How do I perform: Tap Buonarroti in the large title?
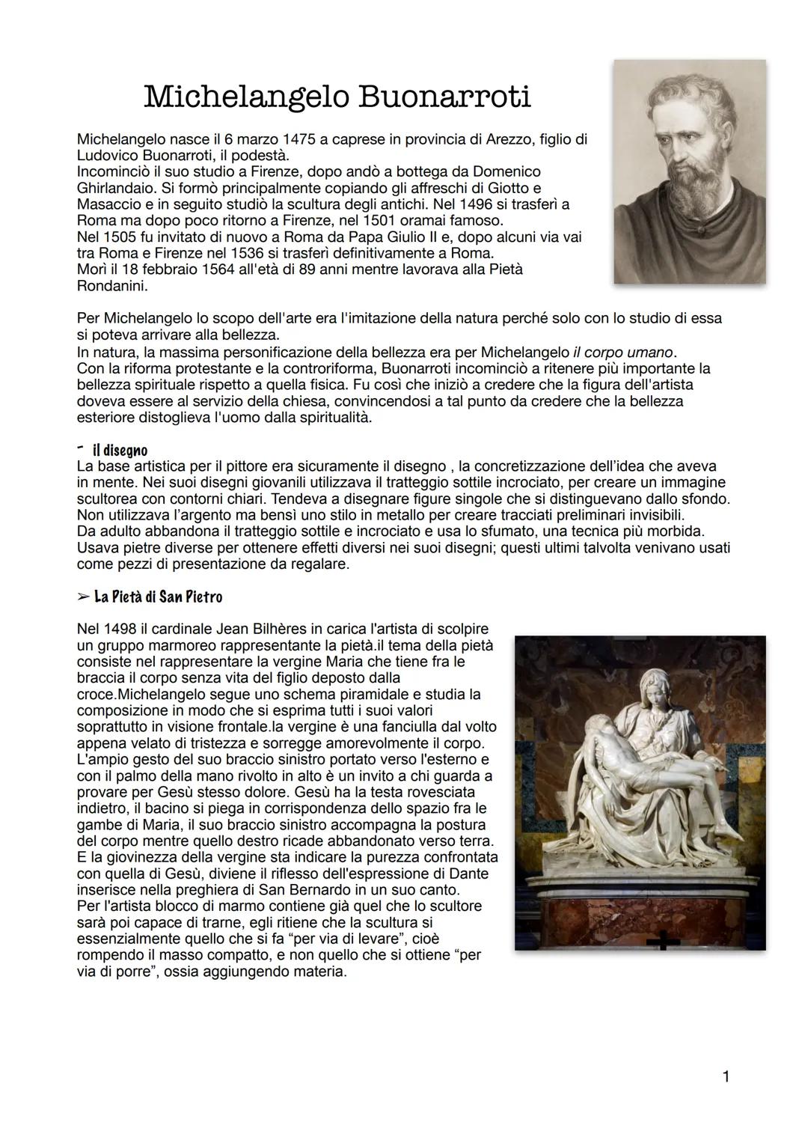444,97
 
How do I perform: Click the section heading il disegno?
120,451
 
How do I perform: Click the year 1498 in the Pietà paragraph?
120,628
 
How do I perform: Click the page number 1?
725,1077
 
